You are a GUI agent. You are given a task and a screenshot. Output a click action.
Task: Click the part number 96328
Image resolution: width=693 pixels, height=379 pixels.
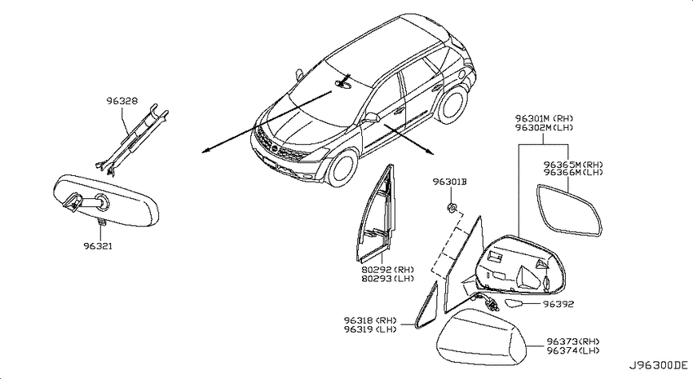coord(122,101)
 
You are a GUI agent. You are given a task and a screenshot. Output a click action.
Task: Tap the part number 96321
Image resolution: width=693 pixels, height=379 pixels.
coord(98,245)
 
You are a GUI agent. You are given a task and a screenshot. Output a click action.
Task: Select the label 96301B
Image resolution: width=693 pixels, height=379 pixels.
coord(449,182)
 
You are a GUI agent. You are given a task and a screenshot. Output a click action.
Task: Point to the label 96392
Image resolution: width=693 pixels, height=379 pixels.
coord(558,304)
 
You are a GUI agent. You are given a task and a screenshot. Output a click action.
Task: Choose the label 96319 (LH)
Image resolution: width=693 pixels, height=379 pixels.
coord(370,329)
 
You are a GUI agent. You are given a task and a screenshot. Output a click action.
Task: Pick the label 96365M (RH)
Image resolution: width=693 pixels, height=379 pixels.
coord(573,165)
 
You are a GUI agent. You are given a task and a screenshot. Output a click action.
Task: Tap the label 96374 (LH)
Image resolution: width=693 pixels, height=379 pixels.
coord(573,350)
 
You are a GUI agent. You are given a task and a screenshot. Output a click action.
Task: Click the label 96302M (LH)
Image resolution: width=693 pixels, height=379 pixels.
coord(544,127)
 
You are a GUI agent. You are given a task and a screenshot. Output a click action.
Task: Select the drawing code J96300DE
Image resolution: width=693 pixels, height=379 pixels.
coord(659,365)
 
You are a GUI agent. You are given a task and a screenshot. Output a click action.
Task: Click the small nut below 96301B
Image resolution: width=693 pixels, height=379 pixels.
coord(452,207)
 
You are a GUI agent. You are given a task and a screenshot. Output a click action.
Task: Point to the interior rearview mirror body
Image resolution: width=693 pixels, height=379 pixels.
coord(105,201)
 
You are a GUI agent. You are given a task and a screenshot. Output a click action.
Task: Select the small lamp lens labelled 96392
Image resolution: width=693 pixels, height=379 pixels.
coord(514,303)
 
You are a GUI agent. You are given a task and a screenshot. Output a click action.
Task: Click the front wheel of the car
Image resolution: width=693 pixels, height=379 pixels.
coord(343,167)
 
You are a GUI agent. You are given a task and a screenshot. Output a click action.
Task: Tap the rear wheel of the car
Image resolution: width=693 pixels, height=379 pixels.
coord(452,104)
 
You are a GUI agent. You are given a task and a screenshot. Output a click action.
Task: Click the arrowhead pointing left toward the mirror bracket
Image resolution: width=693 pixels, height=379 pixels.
coord(204,152)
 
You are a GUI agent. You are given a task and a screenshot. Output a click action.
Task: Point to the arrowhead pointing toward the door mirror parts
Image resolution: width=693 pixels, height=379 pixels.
coord(430,152)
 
